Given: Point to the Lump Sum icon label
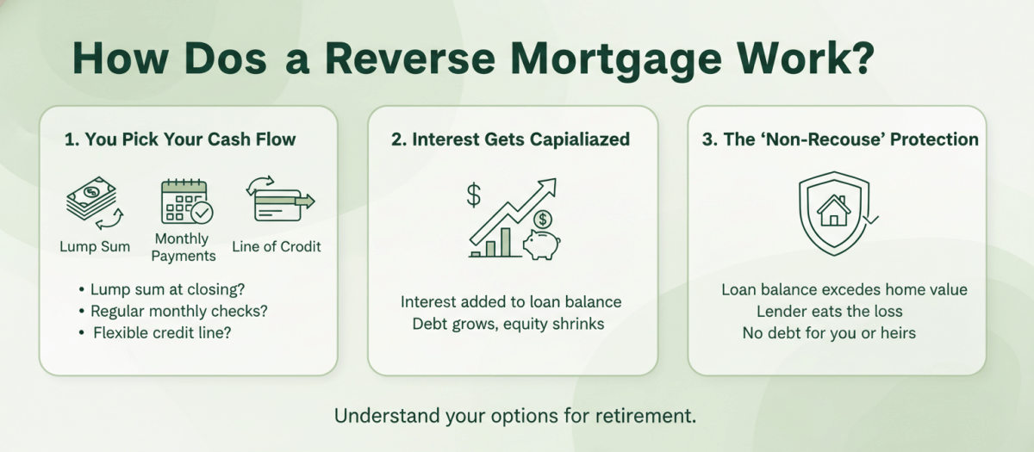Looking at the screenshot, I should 95,247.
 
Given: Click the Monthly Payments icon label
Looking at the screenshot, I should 184,247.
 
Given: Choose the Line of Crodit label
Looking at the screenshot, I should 277,247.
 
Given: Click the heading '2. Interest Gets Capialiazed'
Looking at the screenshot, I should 510,140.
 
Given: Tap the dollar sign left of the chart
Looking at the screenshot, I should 474,195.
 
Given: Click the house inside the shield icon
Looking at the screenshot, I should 834,212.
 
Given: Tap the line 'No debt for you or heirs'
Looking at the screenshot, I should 829,332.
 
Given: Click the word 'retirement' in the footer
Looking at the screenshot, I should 643,416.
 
